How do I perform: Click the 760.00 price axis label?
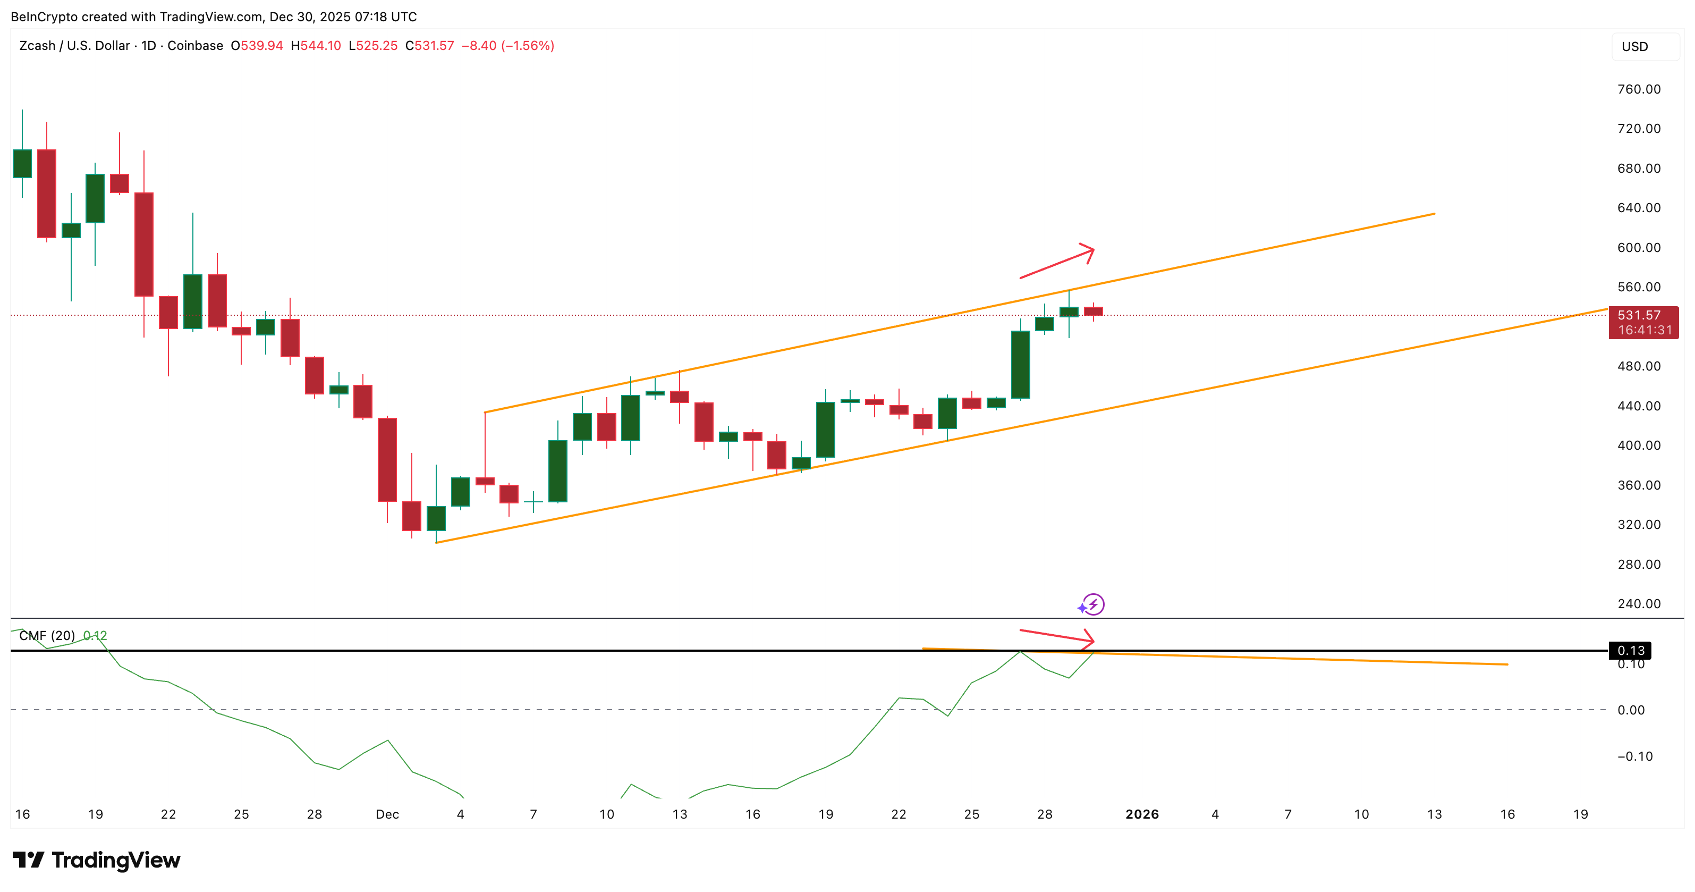(1639, 89)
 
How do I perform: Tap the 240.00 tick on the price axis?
(1639, 604)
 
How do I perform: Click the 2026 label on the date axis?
(1142, 814)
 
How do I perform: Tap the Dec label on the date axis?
(387, 814)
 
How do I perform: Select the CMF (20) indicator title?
(47, 635)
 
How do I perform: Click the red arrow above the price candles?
(1057, 262)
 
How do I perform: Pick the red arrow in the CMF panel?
(1057, 636)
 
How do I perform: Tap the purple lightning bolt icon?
(1093, 604)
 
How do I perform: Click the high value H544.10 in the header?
(316, 45)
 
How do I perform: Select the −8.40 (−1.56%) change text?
(507, 45)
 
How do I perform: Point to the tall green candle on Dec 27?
(1020, 364)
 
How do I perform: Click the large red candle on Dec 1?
(387, 459)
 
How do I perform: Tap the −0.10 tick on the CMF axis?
(1634, 756)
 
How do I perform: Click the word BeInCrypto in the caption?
(44, 16)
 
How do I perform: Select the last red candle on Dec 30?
(1093, 312)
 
